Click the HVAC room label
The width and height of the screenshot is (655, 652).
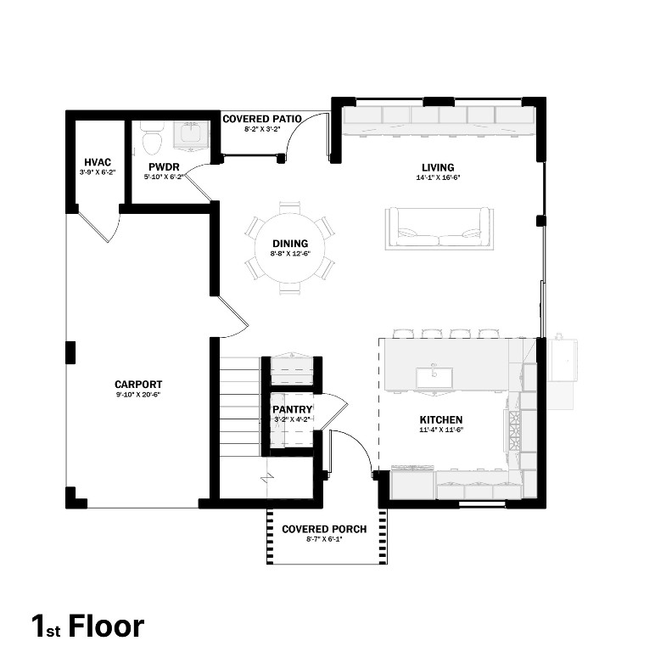click(98, 162)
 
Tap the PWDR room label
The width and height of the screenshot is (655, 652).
click(161, 167)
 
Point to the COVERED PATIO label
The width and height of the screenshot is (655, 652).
click(261, 119)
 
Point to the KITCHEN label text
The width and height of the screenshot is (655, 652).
click(441, 419)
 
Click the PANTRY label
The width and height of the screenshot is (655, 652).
click(293, 409)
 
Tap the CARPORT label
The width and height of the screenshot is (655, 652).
click(138, 385)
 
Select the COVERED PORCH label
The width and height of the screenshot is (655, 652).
click(324, 529)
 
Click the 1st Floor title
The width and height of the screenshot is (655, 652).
click(88, 627)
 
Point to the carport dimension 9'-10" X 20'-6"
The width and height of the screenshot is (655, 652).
click(138, 396)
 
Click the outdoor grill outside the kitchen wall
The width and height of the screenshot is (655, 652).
click(563, 358)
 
